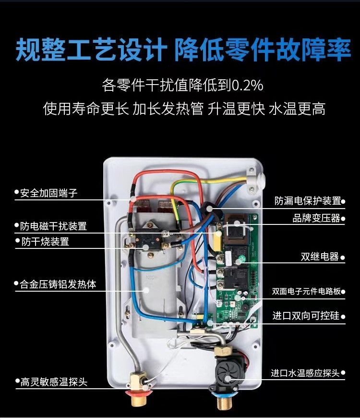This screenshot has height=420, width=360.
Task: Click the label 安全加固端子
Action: pos(48,193)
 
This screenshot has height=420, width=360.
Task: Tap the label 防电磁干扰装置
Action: pos(53,226)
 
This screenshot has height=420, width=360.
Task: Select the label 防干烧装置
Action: pos(45,242)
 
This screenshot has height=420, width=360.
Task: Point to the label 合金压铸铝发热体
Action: pos(58,284)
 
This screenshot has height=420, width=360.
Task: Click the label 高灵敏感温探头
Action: pos(54,382)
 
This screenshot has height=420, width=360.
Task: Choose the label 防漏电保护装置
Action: pos(308,201)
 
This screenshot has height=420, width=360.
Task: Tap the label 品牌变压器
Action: pos(316,218)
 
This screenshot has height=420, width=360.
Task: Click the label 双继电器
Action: pos(320,257)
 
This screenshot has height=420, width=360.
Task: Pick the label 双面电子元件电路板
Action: pos(306,291)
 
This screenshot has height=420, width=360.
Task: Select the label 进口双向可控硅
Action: pos(306,316)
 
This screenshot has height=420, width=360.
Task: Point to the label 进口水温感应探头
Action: pos(305,373)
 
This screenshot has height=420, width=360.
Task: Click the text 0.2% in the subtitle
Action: pos(247,86)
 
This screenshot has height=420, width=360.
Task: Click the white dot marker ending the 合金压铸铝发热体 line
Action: pos(146,290)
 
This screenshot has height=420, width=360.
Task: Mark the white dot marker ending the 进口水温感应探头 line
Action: pos(228,379)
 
